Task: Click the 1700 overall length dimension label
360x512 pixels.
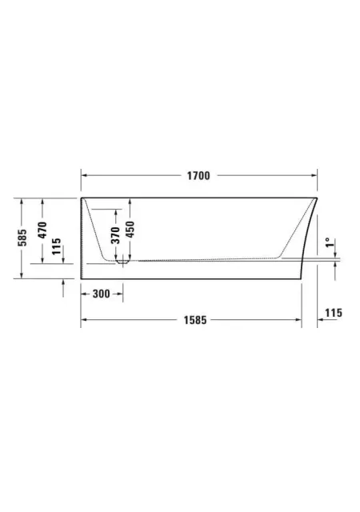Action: [x=198, y=176]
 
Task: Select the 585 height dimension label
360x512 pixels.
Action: [x=22, y=238]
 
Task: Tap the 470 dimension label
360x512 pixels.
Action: [x=42, y=230]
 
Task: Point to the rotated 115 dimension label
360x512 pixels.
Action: [x=57, y=246]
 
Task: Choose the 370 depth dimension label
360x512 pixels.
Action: [x=116, y=235]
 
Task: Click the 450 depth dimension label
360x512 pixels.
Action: [x=130, y=230]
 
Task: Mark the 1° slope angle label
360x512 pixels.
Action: [x=330, y=242]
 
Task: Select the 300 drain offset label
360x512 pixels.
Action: [x=102, y=294]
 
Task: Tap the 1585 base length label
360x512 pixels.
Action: [x=195, y=320]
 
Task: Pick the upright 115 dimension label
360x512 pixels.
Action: [x=334, y=313]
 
